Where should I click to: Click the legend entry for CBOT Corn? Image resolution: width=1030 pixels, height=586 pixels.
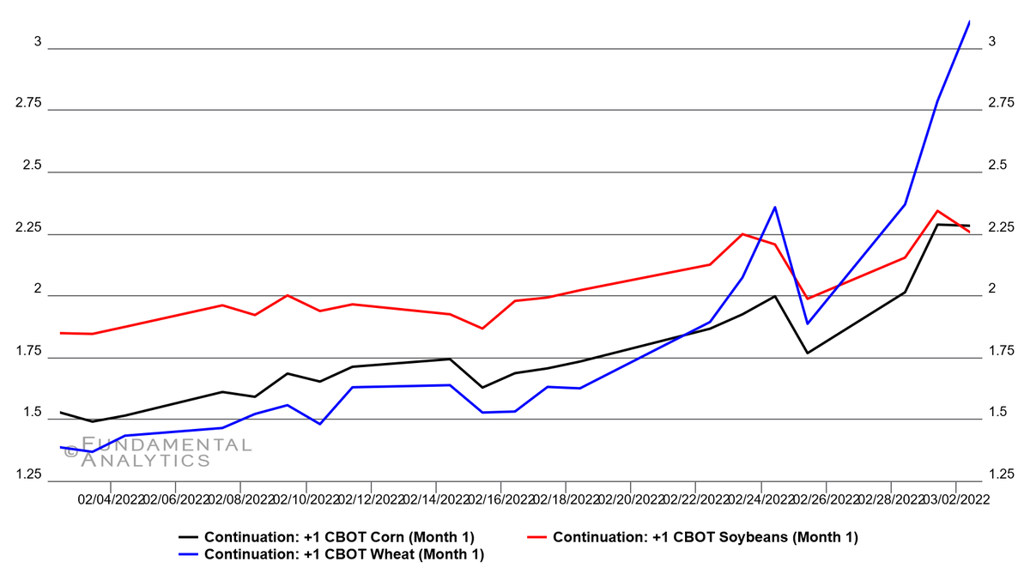(x=338, y=537)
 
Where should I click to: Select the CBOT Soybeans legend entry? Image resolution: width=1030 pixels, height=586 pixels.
(x=705, y=537)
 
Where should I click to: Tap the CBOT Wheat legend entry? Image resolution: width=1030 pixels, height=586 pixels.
(x=343, y=554)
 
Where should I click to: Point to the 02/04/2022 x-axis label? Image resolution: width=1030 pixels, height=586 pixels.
(x=110, y=499)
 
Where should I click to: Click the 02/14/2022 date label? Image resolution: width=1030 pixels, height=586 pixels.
(x=435, y=499)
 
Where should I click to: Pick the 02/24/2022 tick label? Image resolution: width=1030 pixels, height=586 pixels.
(x=760, y=499)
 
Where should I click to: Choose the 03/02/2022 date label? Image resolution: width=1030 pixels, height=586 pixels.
(x=957, y=499)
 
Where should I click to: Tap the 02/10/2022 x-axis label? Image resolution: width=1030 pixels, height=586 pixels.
(x=306, y=499)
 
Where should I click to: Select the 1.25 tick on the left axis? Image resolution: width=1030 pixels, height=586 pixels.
(x=30, y=474)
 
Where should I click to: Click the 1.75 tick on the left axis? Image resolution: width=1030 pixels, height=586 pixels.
(x=30, y=351)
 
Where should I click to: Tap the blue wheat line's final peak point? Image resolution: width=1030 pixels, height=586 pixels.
(x=969, y=21)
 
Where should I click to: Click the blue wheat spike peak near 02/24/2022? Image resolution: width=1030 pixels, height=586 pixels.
(x=775, y=207)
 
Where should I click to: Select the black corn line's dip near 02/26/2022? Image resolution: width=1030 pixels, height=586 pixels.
(x=808, y=353)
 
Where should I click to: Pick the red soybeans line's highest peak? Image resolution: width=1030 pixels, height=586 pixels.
(x=937, y=210)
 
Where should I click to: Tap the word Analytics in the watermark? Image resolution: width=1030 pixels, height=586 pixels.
(x=145, y=461)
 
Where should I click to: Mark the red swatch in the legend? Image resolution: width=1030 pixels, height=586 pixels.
(x=536, y=537)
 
